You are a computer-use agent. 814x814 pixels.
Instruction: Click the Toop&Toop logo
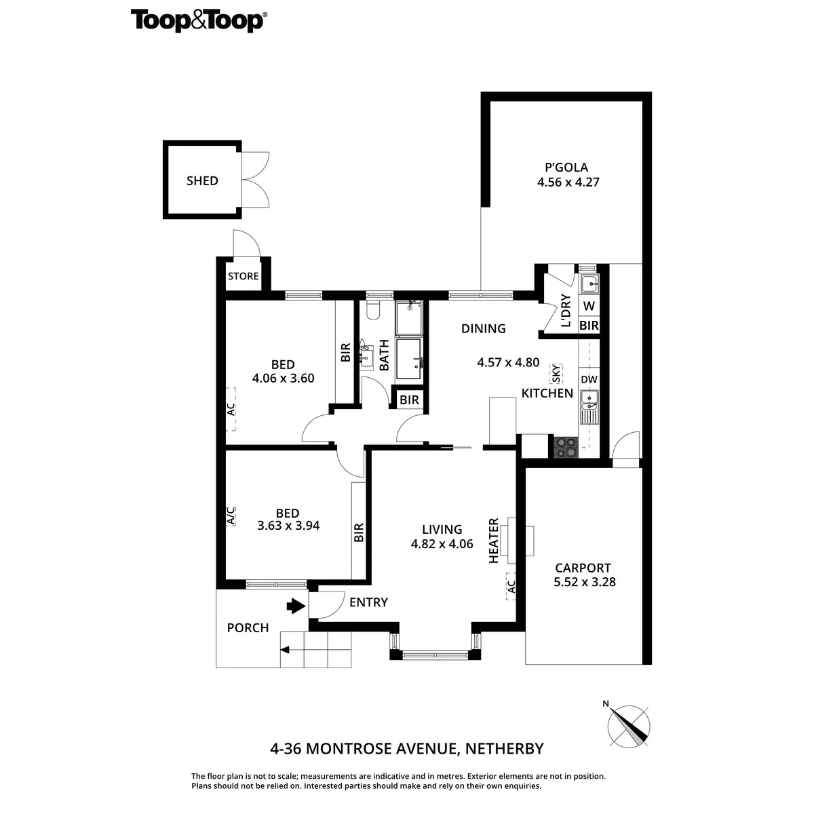[x=197, y=20]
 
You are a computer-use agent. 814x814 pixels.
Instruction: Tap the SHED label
[x=202, y=180]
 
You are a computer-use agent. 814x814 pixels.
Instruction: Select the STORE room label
[x=243, y=276]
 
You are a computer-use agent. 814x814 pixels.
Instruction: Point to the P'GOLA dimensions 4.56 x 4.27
[x=568, y=182]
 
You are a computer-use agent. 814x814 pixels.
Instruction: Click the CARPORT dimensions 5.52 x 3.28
[x=584, y=581]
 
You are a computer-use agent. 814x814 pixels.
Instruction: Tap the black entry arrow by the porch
[x=295, y=605]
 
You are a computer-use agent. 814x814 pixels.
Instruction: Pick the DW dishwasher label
[x=589, y=379]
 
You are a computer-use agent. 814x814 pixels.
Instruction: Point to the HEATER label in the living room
[x=494, y=541]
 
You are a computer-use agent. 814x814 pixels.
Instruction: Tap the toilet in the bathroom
[x=372, y=311]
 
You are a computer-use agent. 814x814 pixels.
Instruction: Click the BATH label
[x=385, y=355]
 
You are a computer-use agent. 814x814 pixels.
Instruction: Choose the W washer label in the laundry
[x=589, y=307]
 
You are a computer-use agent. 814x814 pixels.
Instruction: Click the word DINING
[x=483, y=328]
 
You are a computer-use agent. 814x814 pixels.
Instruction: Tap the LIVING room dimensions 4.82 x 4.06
[x=442, y=543]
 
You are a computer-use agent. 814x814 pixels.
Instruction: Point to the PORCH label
[x=248, y=627]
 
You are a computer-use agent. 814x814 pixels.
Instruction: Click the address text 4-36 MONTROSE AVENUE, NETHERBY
[x=407, y=749]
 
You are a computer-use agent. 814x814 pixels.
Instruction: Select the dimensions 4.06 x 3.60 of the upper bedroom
[x=283, y=379]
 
